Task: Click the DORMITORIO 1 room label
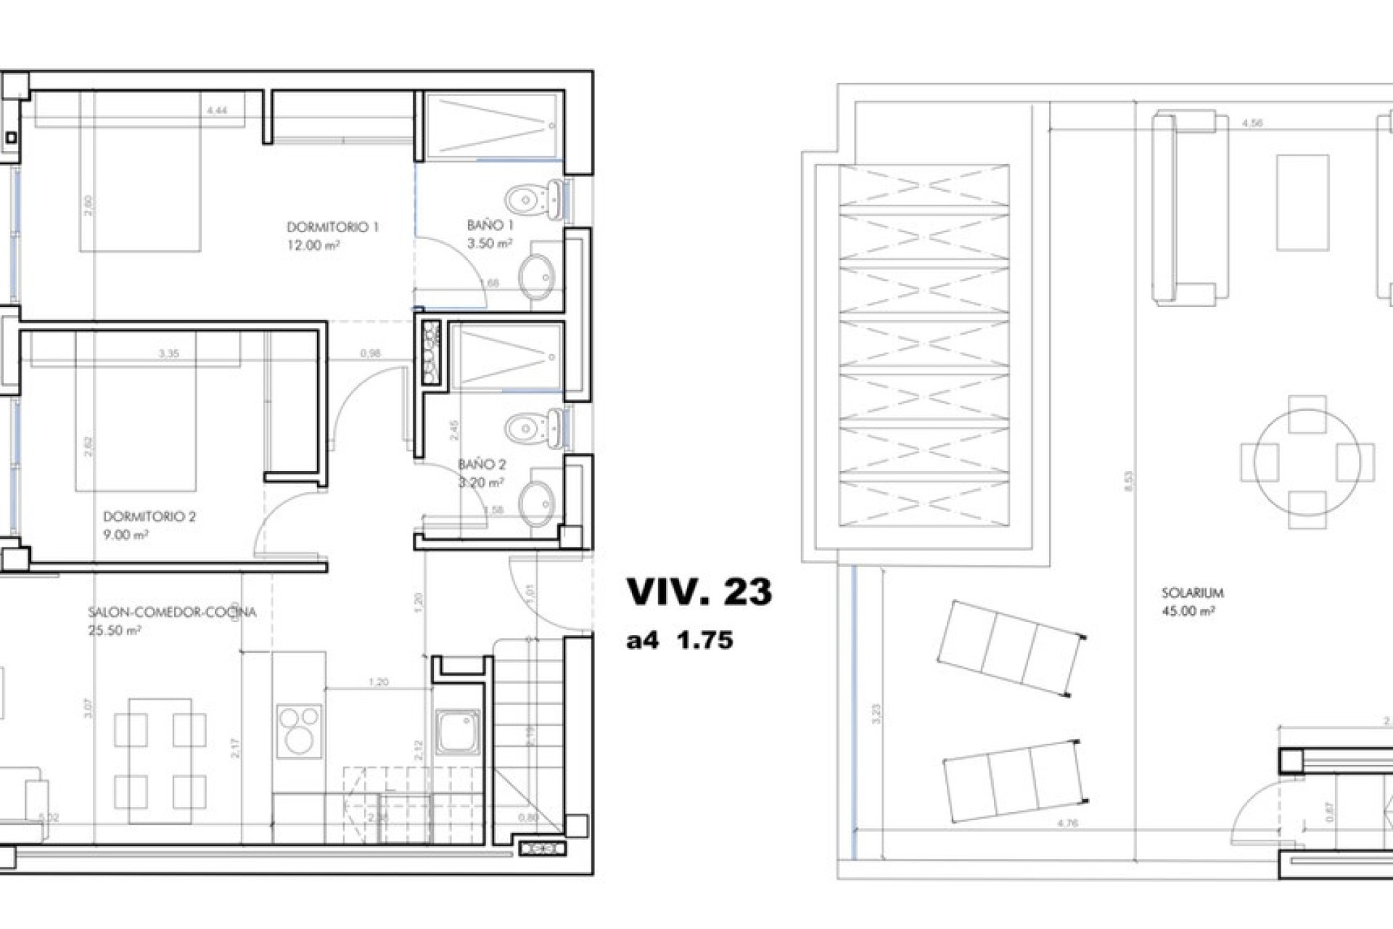point(332,227)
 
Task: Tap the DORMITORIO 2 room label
point(149,517)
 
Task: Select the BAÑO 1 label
point(490,226)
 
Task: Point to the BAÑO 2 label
point(482,464)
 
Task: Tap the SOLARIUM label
point(1192,593)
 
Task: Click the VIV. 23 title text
point(699,592)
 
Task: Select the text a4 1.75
point(680,641)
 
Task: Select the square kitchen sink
point(457,732)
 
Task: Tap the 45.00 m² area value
point(1188,611)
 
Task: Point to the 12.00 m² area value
point(313,245)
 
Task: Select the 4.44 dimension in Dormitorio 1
point(217,111)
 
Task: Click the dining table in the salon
point(160,761)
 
